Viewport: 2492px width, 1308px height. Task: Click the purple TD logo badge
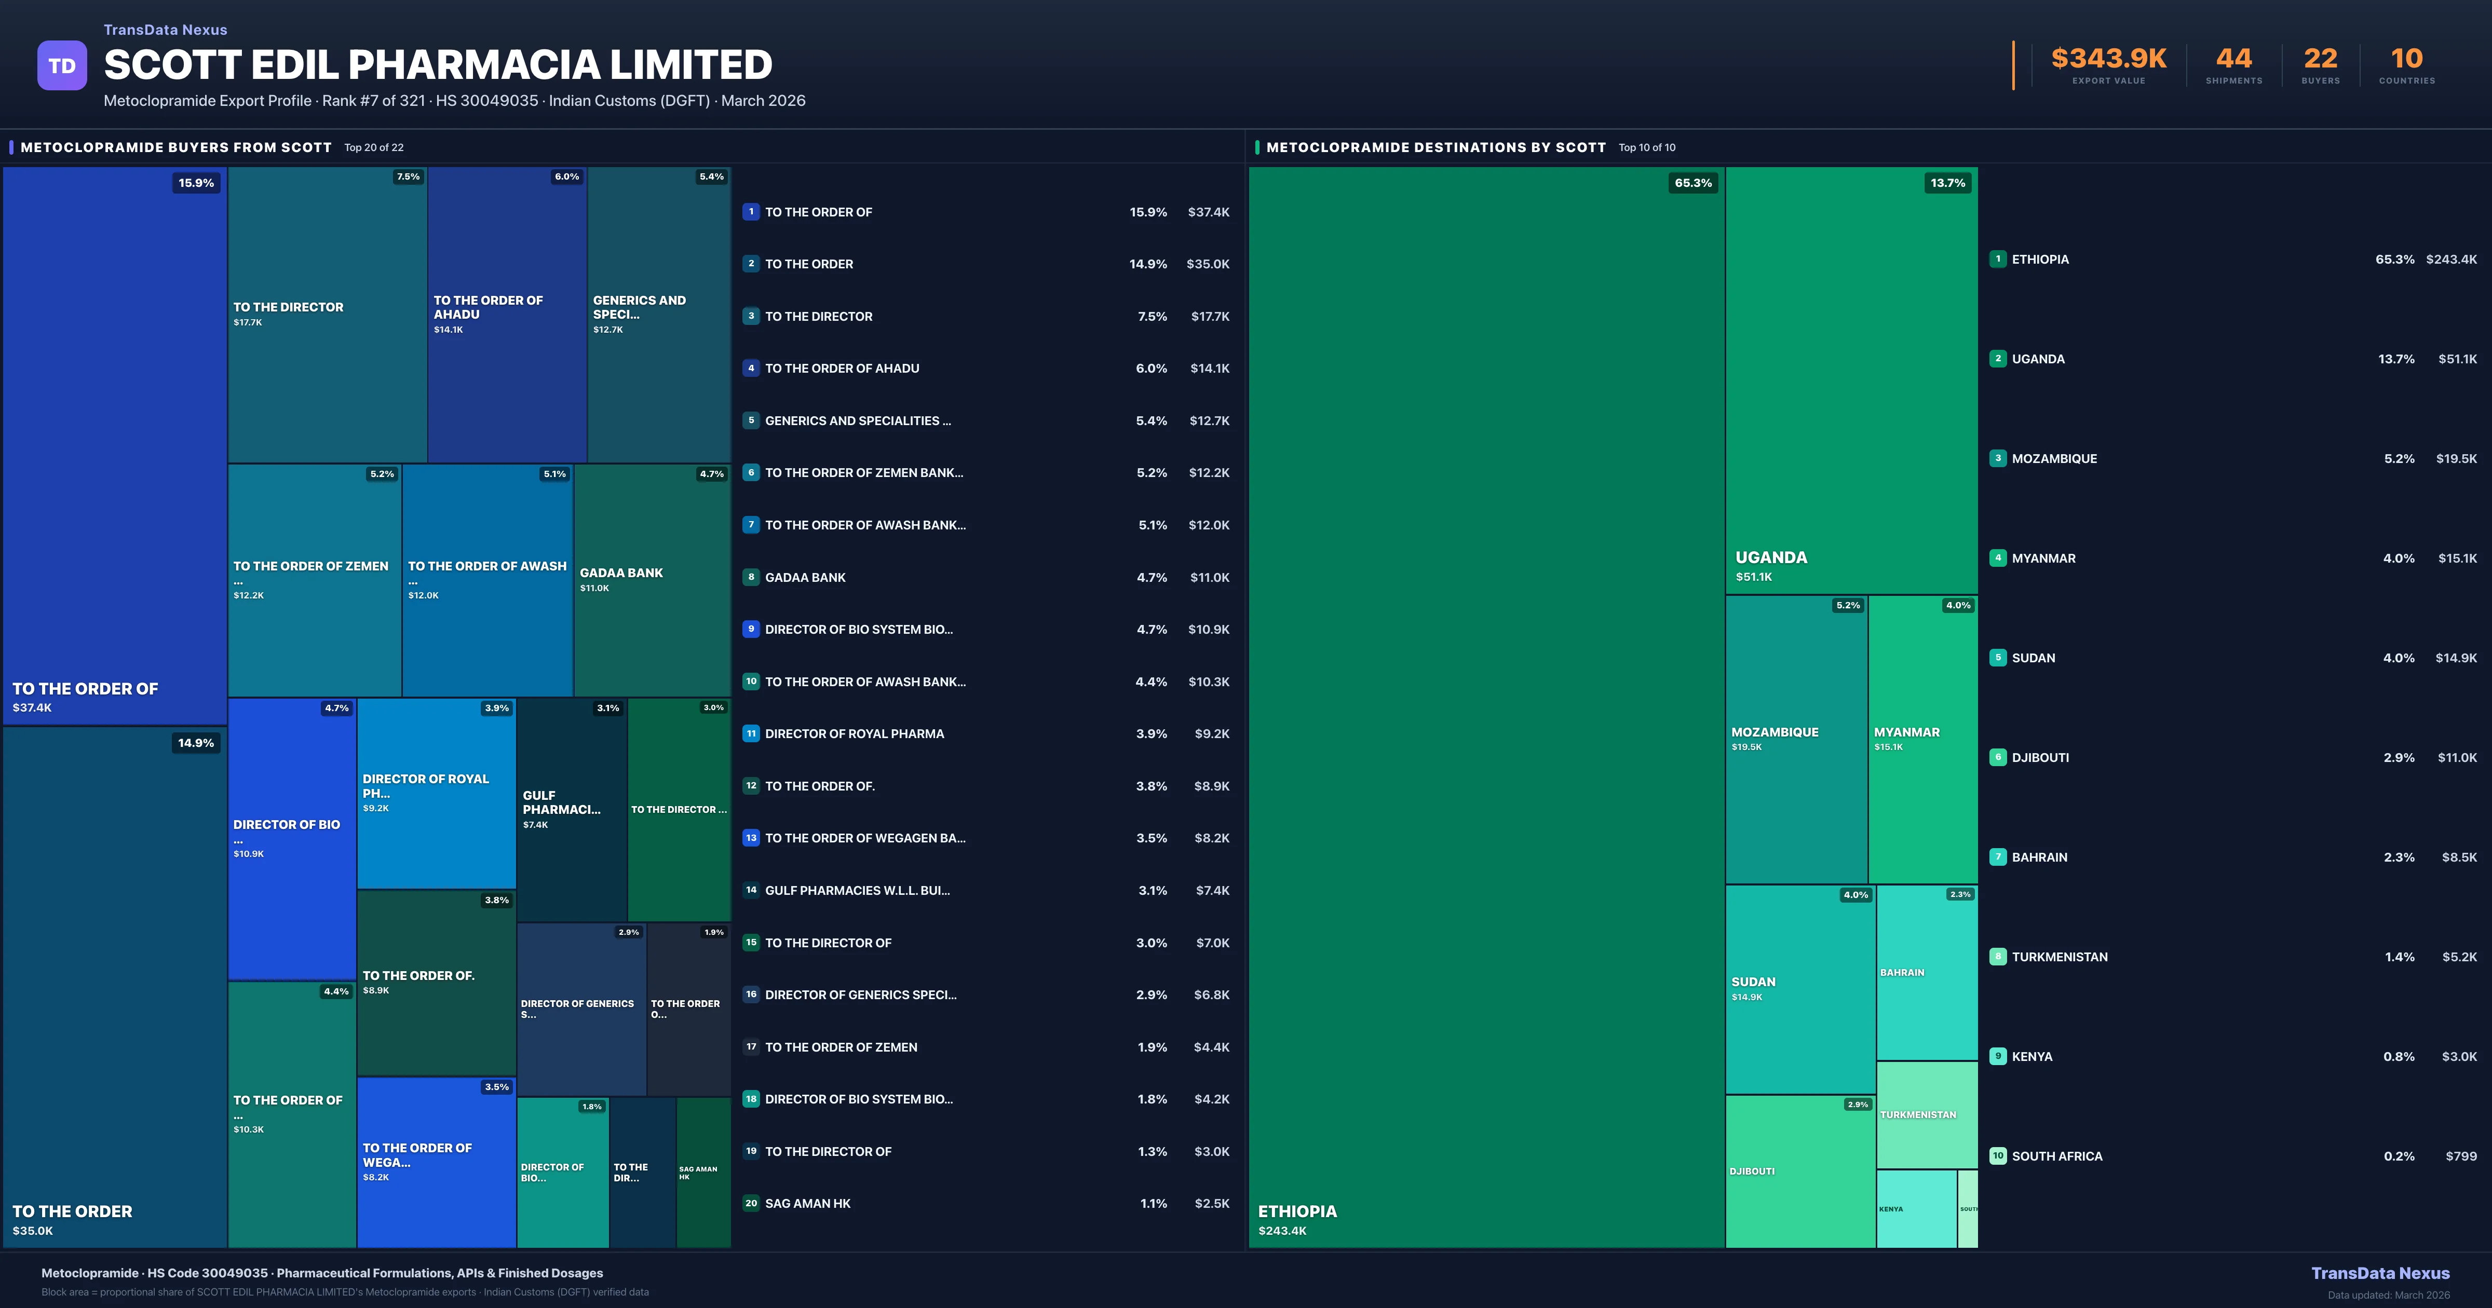point(62,66)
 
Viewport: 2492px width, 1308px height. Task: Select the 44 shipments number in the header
point(2233,59)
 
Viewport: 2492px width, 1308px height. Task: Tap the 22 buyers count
point(2320,59)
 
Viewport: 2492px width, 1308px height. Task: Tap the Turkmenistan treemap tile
point(1926,1114)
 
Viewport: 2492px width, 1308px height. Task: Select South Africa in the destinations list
point(2056,1156)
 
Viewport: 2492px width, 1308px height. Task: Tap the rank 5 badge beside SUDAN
point(1998,658)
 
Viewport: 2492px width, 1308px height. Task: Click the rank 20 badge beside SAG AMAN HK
point(751,1204)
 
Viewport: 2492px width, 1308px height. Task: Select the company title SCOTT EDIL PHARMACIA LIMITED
point(437,65)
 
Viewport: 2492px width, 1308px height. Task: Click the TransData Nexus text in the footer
point(2380,1273)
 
